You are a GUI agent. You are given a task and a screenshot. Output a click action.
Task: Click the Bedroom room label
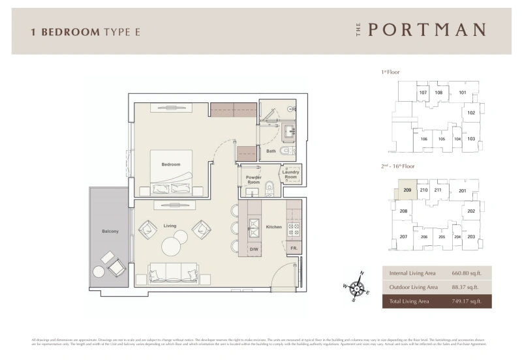point(171,164)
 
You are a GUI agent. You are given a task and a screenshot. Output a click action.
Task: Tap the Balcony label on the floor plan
point(110,232)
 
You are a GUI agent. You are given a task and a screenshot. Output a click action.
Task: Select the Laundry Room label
point(290,175)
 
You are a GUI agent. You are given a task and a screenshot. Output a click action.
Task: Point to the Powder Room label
point(253,180)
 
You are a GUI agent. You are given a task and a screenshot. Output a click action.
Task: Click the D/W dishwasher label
point(253,249)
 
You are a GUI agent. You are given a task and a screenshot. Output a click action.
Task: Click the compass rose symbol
point(357,286)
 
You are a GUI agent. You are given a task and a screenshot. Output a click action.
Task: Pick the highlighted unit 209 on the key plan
point(407,190)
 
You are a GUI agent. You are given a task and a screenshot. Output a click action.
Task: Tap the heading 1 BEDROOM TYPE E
point(85,31)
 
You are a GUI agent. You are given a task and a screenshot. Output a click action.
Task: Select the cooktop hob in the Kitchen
point(293,228)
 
